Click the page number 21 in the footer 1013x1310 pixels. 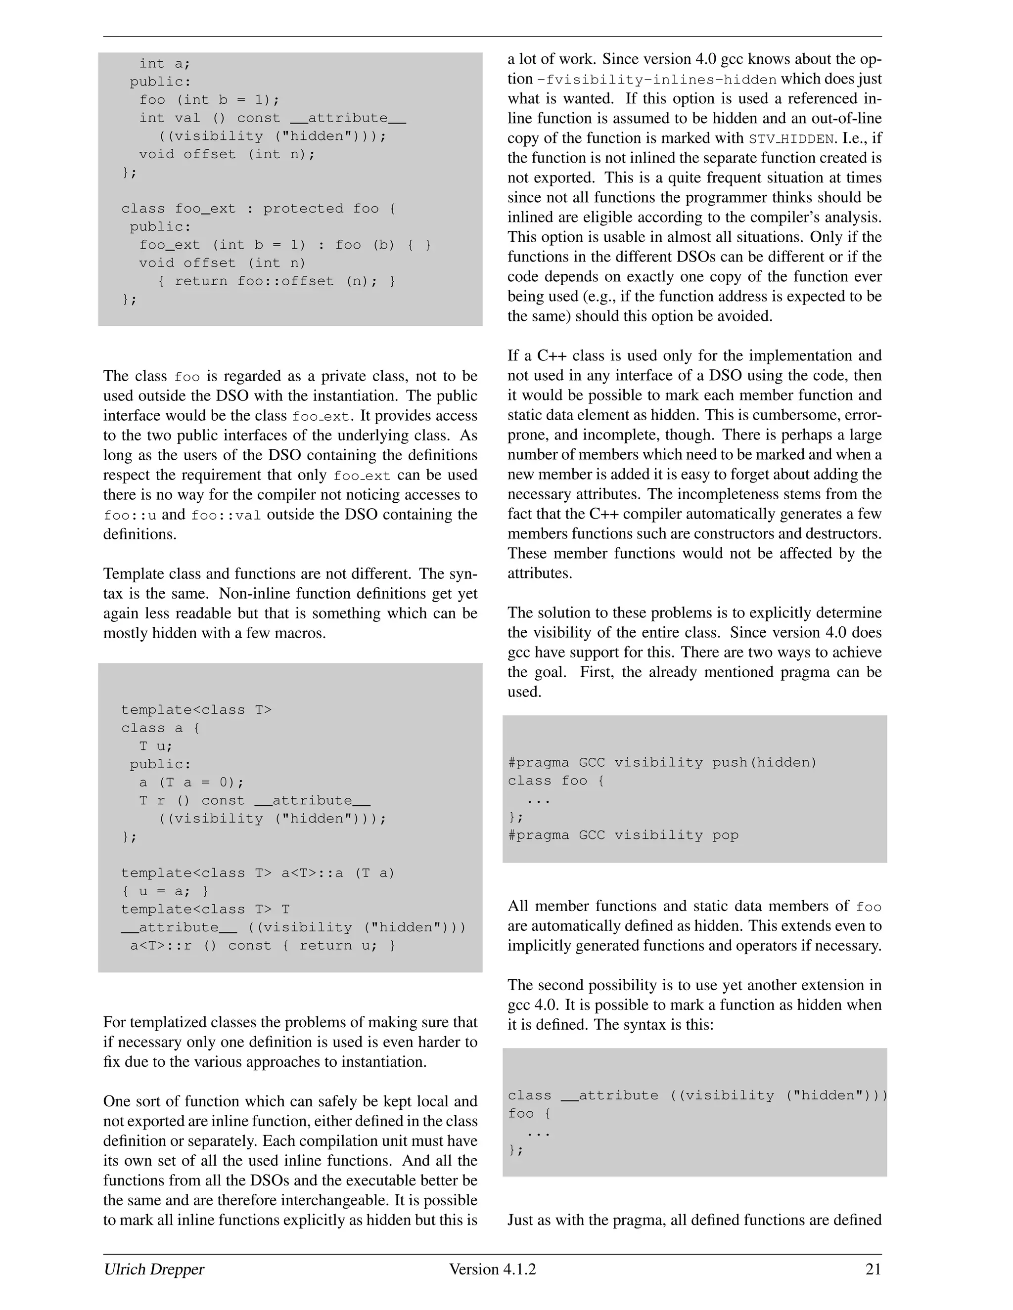873,1269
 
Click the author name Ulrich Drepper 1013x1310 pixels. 154,1269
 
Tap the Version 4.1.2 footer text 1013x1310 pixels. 492,1269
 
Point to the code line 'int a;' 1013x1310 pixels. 164,64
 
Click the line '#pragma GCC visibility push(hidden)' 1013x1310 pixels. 662,762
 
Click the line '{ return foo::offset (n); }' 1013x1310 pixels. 276,281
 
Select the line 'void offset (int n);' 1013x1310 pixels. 227,154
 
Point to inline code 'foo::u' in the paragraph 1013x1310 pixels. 130,515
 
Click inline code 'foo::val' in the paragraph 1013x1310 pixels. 226,515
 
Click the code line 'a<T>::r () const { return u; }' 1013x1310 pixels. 263,946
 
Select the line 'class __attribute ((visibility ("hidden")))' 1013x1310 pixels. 697,1095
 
